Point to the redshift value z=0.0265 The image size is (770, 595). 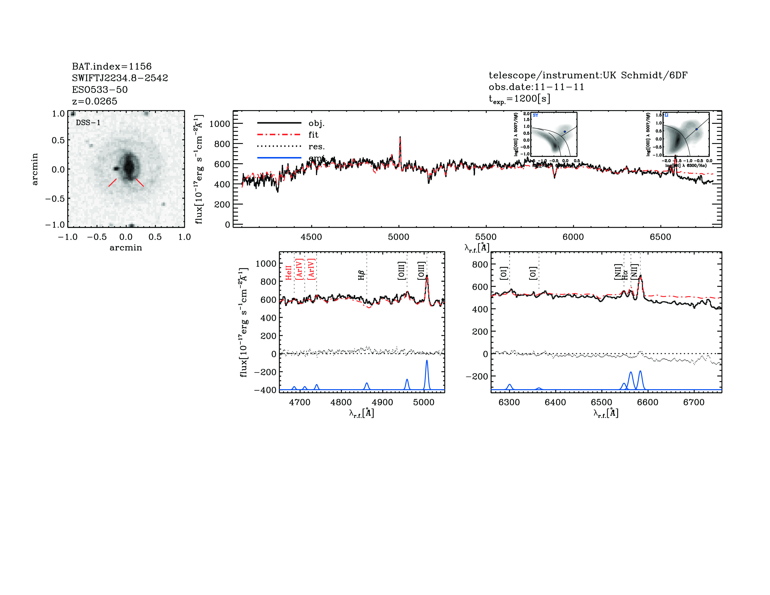(94, 101)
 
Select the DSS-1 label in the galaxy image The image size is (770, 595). (88, 123)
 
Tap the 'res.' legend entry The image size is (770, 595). (316, 146)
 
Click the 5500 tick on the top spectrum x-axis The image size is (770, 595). (486, 237)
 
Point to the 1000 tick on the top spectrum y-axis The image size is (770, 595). (219, 124)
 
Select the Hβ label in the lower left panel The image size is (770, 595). (361, 275)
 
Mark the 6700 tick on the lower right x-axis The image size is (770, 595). (693, 402)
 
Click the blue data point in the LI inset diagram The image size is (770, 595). (696, 129)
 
